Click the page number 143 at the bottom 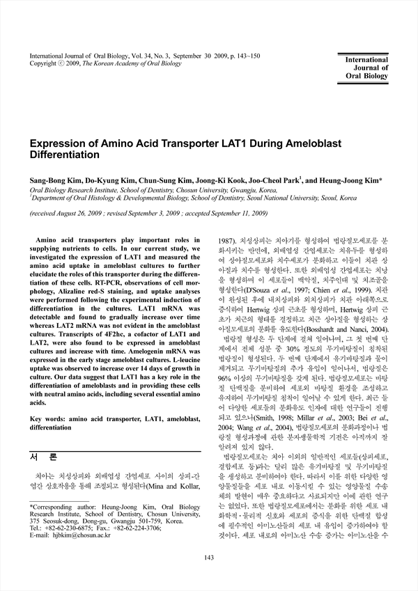point(208,577)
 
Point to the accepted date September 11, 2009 point(240,214)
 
